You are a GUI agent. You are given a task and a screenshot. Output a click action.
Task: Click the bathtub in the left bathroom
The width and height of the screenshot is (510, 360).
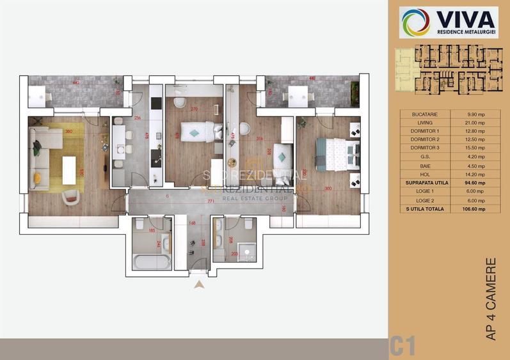click(x=152, y=262)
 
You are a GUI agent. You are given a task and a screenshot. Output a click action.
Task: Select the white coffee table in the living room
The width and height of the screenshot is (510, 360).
click(x=68, y=167)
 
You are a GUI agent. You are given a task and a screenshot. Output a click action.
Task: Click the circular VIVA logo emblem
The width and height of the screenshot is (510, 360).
click(x=416, y=22)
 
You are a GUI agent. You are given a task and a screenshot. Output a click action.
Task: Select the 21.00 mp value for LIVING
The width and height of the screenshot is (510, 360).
click(x=474, y=123)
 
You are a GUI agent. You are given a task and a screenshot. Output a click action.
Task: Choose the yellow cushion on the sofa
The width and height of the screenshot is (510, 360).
click(x=36, y=177)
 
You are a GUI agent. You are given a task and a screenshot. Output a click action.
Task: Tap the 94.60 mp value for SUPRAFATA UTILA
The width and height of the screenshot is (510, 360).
click(x=474, y=183)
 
